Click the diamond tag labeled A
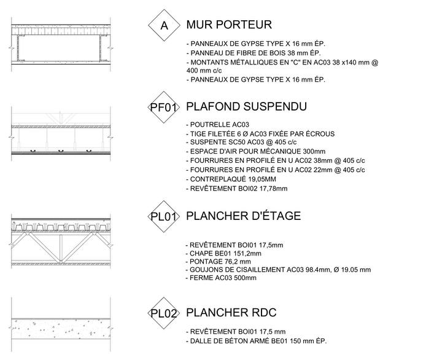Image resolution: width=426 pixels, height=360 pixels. pos(164,26)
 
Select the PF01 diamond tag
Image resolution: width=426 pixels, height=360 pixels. pos(164,108)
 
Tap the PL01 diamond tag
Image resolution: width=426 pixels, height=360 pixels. pos(164,216)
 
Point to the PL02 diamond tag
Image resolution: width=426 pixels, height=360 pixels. pos(164,313)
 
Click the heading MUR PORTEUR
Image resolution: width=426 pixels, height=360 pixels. pos(228,25)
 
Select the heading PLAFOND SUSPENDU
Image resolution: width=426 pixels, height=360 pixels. pos(246,107)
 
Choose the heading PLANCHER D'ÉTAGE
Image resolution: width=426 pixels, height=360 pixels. pos(243,216)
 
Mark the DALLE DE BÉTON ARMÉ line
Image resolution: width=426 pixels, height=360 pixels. pos(255,341)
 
